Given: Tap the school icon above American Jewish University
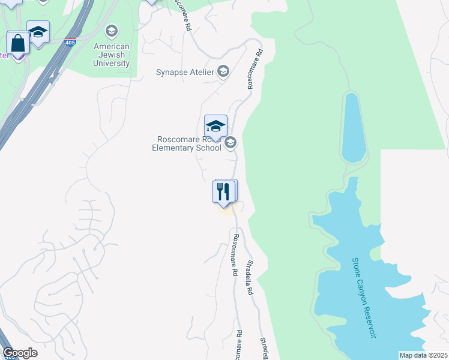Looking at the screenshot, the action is click(111, 31).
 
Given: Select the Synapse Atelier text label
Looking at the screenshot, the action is click(185, 73).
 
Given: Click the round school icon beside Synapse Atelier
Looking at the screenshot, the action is click(223, 72).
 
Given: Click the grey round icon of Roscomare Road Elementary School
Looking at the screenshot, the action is click(231, 143).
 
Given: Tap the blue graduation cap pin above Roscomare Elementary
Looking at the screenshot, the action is click(215, 127).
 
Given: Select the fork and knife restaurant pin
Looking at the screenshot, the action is click(223, 192).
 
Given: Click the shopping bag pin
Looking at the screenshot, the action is click(17, 44).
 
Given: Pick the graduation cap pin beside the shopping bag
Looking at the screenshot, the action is click(38, 32).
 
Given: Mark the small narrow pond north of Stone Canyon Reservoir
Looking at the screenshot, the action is click(354, 127).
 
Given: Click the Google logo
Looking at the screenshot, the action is click(20, 353).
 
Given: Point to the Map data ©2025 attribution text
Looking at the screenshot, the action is click(423, 355).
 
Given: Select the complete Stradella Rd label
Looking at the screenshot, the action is click(249, 278).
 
